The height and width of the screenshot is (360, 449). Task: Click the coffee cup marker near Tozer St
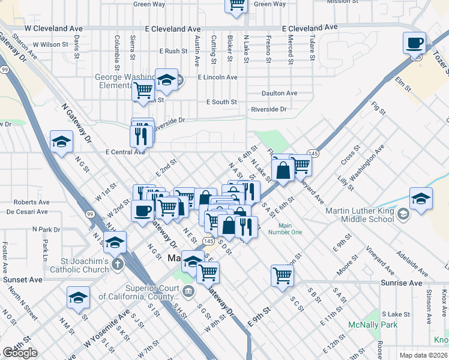pyautogui.click(x=415, y=43)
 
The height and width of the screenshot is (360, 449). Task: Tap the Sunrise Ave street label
pyautogui.click(x=402, y=283)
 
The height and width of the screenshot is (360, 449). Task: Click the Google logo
pyautogui.click(x=20, y=353)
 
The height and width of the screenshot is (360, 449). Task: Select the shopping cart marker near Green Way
pyautogui.click(x=237, y=5)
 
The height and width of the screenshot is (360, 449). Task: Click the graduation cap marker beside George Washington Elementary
pyautogui.click(x=166, y=80)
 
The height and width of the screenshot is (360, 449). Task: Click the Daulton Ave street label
pyautogui.click(x=279, y=93)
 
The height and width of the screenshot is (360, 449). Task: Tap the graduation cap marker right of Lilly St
pyautogui.click(x=421, y=199)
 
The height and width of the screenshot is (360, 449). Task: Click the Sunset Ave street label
pyautogui.click(x=23, y=280)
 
